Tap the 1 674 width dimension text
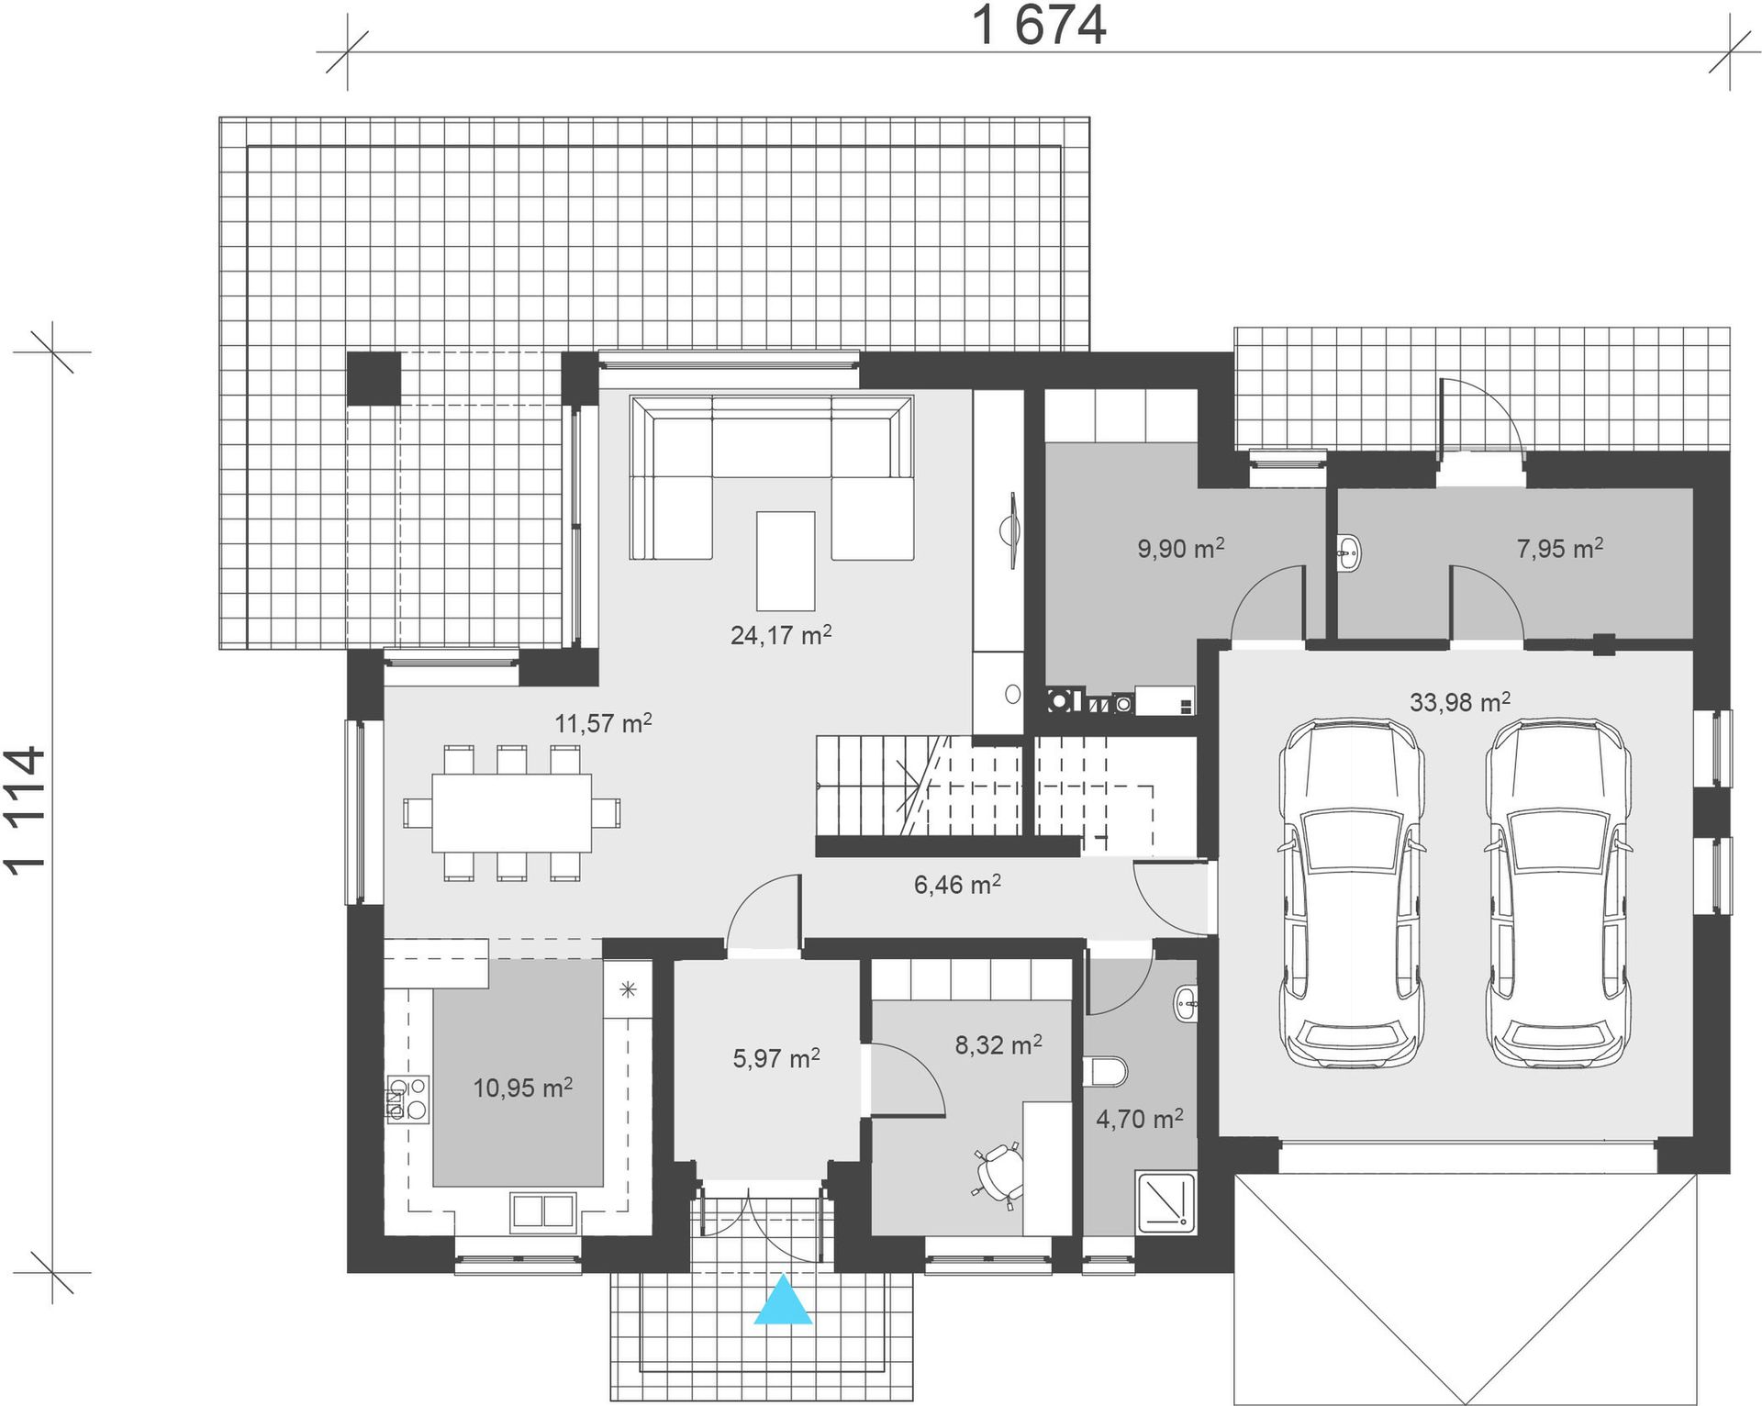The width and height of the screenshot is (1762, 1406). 1039,25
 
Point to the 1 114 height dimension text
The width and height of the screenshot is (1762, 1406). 25,810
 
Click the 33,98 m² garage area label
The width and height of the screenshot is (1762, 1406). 1460,702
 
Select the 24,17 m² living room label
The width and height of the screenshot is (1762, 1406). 781,634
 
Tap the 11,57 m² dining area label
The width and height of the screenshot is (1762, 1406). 603,722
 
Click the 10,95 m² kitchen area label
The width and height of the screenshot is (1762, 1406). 523,1088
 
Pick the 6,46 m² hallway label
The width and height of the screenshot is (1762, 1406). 957,884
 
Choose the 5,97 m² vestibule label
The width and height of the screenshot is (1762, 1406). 776,1058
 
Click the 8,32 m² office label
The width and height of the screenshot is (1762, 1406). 998,1044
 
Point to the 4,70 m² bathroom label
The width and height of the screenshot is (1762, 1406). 1140,1118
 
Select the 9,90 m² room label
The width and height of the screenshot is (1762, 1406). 1181,549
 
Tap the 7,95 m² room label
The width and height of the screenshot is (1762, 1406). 1560,549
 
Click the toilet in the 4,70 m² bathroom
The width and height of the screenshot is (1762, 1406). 1105,1071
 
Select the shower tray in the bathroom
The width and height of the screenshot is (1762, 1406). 1166,1202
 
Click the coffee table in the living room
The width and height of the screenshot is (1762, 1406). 786,561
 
